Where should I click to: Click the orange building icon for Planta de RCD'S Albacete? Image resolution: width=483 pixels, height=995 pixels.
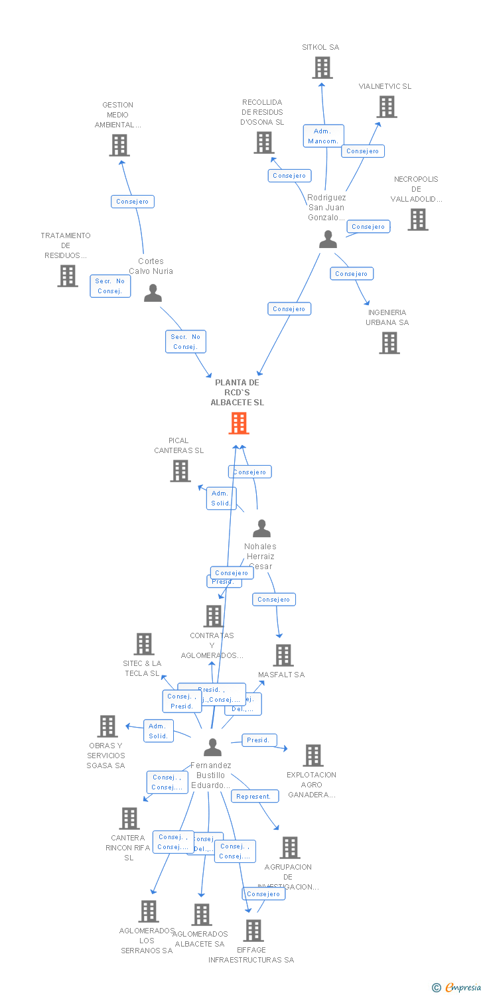(x=239, y=423)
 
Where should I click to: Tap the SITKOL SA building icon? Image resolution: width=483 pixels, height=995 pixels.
(x=322, y=68)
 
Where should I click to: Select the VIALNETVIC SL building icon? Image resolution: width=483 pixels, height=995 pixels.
(x=387, y=107)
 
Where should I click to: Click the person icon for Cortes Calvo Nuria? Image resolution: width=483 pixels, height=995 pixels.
(x=153, y=293)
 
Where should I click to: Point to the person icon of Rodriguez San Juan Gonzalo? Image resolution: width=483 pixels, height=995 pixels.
(x=328, y=239)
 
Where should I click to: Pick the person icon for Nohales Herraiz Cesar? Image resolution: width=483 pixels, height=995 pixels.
(x=262, y=529)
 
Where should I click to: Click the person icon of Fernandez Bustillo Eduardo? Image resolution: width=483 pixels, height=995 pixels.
(x=212, y=747)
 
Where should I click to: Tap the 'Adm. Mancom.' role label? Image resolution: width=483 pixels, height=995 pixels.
(x=323, y=136)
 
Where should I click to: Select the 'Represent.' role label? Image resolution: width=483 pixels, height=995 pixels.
(x=253, y=796)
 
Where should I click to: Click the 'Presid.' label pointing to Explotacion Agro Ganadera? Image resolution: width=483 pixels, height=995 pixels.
(x=258, y=740)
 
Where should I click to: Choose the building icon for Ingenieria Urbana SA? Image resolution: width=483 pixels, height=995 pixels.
(x=389, y=343)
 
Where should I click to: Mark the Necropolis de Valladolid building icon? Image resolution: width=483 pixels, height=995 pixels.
(x=417, y=220)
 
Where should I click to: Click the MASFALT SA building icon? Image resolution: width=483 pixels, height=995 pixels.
(x=283, y=655)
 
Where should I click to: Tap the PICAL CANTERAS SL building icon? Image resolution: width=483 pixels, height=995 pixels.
(x=180, y=471)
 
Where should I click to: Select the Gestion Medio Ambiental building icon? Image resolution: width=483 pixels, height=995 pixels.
(x=119, y=145)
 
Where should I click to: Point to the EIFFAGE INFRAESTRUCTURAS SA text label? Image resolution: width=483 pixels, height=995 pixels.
(x=251, y=955)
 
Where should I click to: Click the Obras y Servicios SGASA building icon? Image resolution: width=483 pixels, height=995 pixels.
(x=107, y=726)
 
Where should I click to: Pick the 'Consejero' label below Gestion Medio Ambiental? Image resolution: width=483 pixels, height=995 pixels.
(x=133, y=202)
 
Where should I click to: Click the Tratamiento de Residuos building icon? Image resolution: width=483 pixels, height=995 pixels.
(x=68, y=276)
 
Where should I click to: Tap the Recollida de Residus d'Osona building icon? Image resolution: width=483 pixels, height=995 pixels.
(x=264, y=143)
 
